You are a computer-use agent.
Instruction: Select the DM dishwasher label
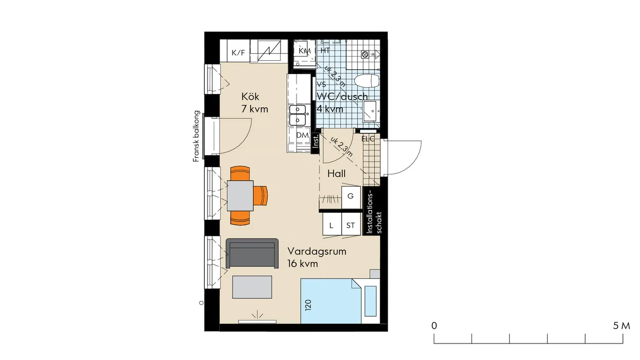(x=302, y=135)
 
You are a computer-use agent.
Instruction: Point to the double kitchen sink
(x=298, y=115)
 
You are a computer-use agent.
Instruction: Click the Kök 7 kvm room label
(x=254, y=103)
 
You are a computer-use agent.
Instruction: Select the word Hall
(x=337, y=173)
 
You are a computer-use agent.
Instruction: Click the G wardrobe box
(x=350, y=196)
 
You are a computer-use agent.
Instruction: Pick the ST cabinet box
(x=350, y=226)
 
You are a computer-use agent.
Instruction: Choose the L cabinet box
(x=331, y=226)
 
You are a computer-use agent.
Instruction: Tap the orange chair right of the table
(x=260, y=195)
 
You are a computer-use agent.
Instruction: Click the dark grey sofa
(x=252, y=254)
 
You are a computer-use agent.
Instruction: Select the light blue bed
(x=331, y=302)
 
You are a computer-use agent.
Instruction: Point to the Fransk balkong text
(x=196, y=136)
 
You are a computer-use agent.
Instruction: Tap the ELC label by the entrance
(x=368, y=139)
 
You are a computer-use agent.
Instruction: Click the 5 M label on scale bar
(x=621, y=325)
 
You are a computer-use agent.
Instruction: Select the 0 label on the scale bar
(x=434, y=325)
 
